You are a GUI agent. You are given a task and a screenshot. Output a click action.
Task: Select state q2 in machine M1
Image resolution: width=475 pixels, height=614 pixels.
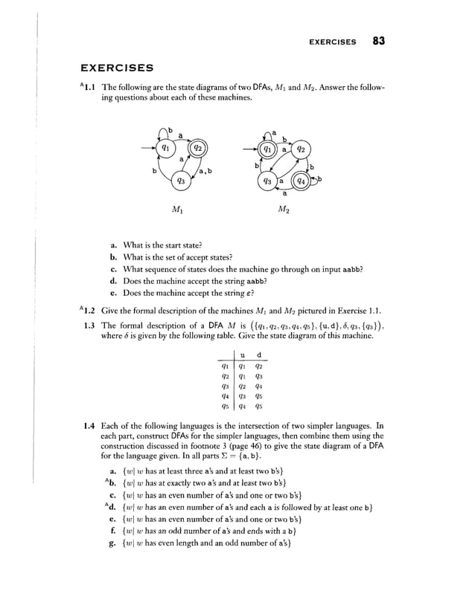coord(199,147)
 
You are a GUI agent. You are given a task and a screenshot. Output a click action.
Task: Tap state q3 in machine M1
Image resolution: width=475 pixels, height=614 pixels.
coord(179,181)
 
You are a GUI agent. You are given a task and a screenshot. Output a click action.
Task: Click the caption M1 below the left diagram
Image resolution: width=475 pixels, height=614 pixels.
coord(179,210)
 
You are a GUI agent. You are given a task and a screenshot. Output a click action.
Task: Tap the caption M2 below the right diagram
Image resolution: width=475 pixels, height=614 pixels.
coord(284,210)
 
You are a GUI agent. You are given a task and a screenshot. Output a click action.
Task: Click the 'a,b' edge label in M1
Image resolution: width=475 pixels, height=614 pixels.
coord(205,172)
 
